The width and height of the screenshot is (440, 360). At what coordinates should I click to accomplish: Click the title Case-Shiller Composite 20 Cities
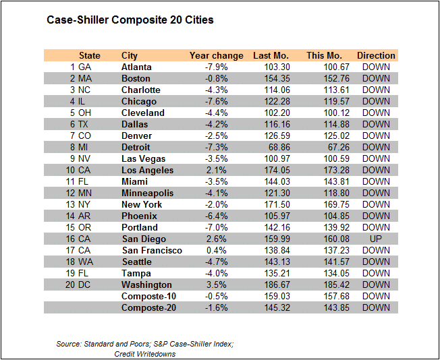tap(130, 20)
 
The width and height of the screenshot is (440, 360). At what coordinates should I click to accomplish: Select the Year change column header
tap(212, 56)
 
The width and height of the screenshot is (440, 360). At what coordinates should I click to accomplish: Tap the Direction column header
tap(376, 56)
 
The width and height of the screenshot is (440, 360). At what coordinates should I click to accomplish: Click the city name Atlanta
tap(136, 67)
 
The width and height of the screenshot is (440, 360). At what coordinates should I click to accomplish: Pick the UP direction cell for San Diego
tap(376, 239)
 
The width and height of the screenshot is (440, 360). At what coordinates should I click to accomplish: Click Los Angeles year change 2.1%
tap(218, 171)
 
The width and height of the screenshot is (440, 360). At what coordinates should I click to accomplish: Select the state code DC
tap(85, 285)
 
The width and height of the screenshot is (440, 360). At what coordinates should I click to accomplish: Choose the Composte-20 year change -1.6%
tap(217, 308)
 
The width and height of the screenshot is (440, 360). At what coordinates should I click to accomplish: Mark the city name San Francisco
tap(152, 251)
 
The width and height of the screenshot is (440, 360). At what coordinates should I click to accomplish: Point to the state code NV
tap(85, 159)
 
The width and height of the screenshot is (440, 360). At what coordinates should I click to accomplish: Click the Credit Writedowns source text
tap(145, 354)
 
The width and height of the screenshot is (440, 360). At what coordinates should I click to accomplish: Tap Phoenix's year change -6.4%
tap(217, 216)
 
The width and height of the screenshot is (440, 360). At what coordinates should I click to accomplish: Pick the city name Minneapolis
tap(147, 193)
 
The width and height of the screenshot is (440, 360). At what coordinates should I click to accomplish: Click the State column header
tap(90, 56)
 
